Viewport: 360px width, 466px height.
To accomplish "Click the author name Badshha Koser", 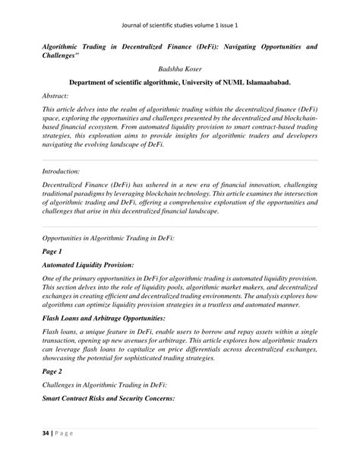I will [x=179, y=68].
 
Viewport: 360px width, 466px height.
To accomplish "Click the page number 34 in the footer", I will [x=46, y=454].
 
